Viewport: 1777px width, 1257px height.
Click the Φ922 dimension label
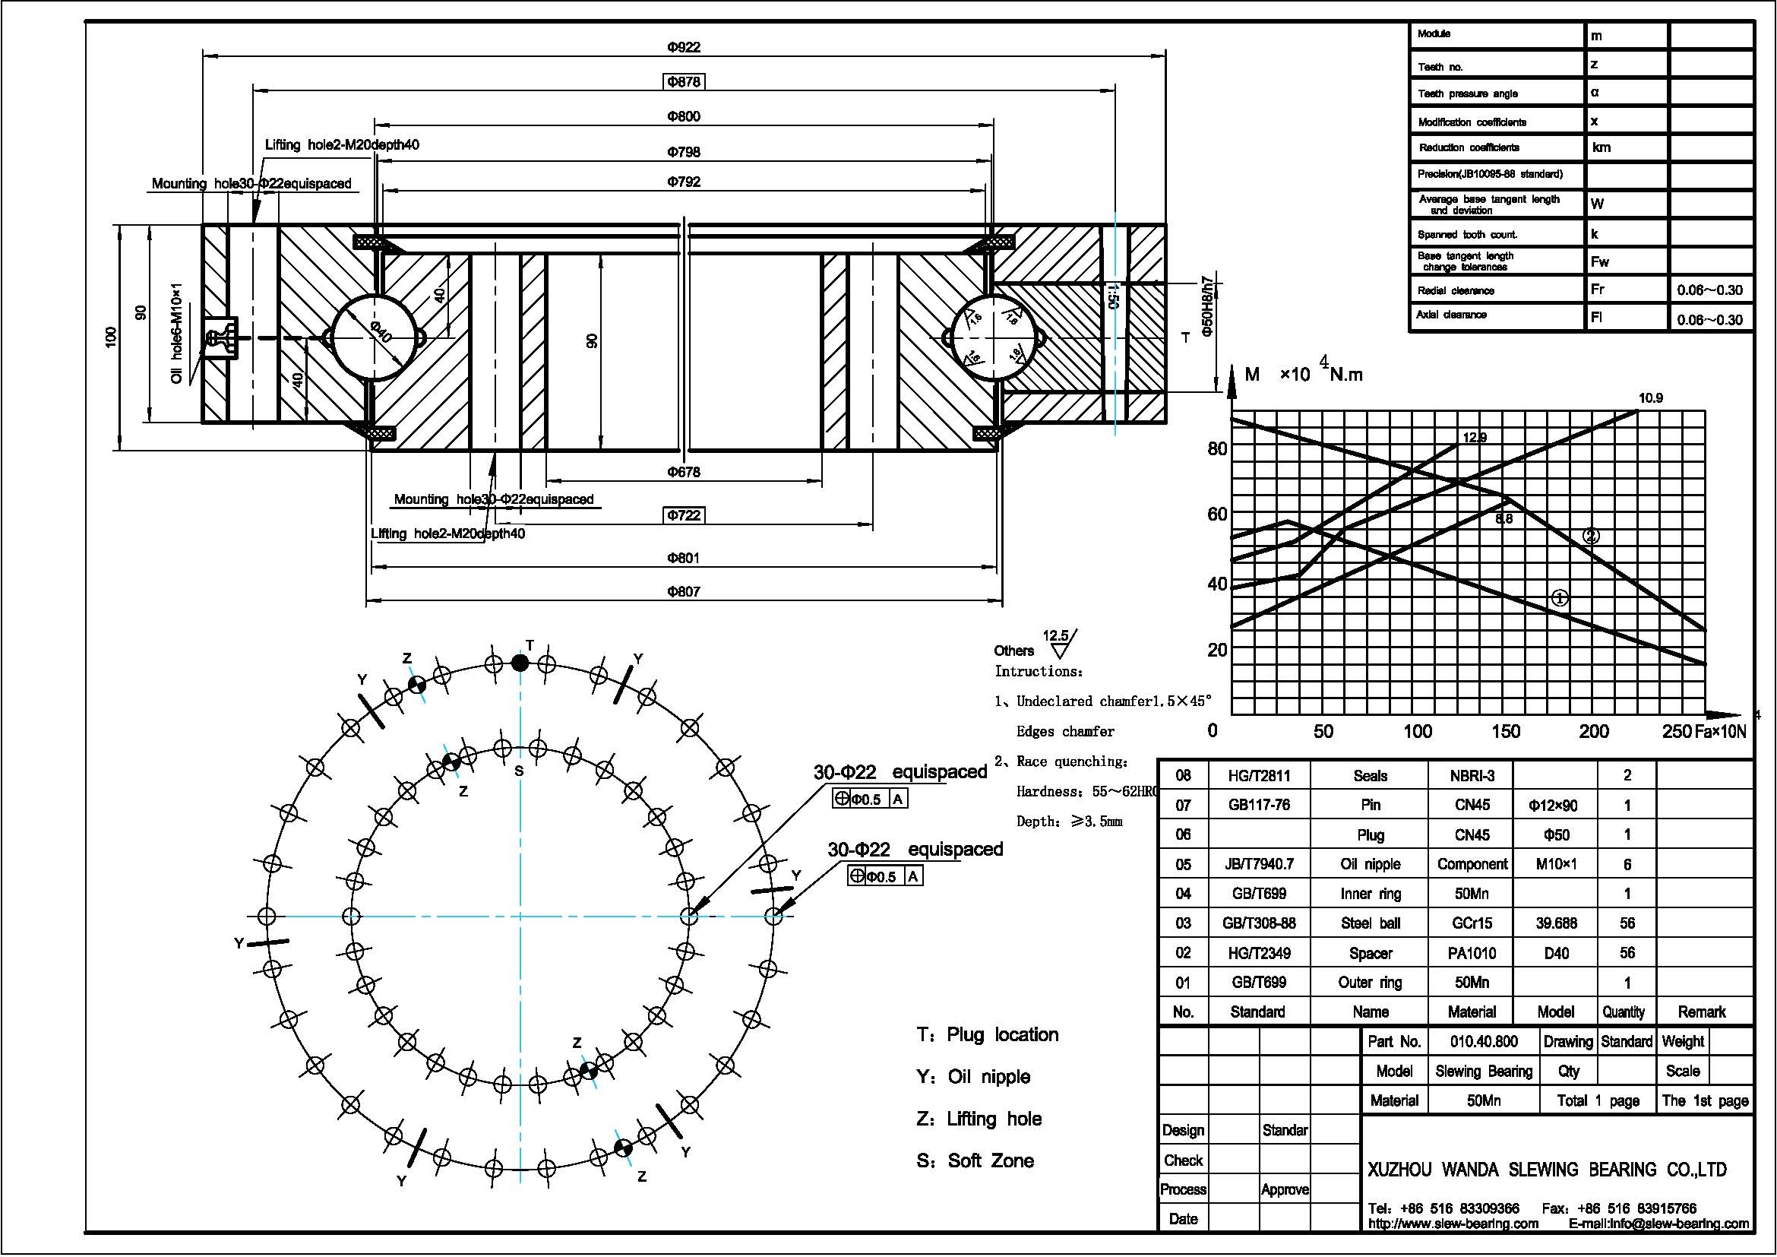[x=684, y=47]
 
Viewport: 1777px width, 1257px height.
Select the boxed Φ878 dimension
[x=685, y=81]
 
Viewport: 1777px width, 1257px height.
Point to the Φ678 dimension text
[x=684, y=472]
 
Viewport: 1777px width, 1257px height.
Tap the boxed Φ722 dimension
[x=685, y=515]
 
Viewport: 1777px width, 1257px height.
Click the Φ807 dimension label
[x=684, y=592]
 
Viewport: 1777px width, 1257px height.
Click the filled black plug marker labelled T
[x=520, y=663]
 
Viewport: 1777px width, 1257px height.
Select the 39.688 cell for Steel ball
[x=1556, y=923]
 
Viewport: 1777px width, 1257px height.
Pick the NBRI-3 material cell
[x=1472, y=776]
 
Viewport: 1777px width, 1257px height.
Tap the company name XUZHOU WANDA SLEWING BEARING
[x=1546, y=1169]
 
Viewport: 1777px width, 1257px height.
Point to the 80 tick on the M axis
[x=1216, y=449]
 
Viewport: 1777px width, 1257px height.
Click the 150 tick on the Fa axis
[x=1505, y=731]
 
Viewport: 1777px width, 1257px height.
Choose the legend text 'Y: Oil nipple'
[x=973, y=1077]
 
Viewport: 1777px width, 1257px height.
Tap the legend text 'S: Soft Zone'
[x=975, y=1160]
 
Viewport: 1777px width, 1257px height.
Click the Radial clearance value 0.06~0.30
[x=1709, y=290]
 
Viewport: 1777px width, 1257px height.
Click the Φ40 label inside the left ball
[x=381, y=333]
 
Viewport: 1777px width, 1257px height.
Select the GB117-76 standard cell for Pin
[x=1258, y=805]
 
